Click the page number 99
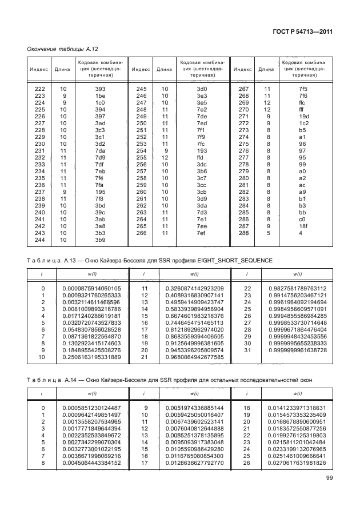[330, 478]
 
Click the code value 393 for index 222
[101, 89]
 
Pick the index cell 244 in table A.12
[39, 240]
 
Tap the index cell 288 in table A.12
[243, 233]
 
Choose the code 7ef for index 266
[201, 233]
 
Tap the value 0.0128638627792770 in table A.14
[194, 463]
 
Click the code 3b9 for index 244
[101, 240]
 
